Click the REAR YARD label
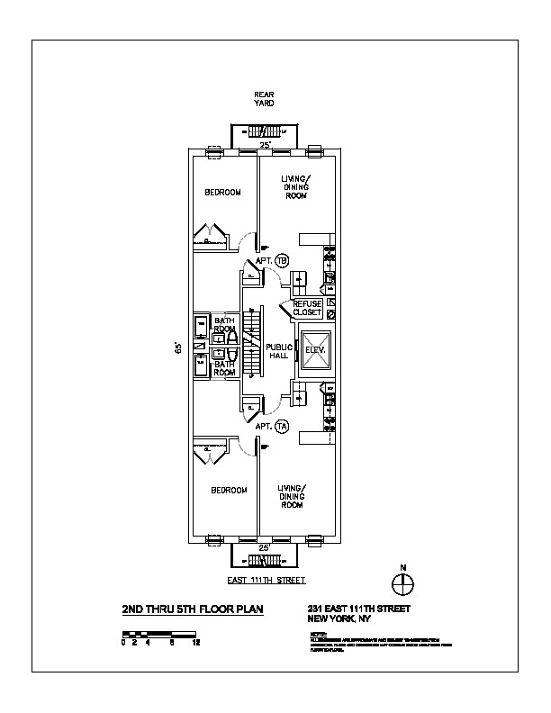click(x=264, y=99)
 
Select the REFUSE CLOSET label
click(x=308, y=309)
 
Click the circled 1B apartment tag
click(x=281, y=260)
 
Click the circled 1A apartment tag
click(x=281, y=426)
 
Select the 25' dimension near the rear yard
click(x=265, y=145)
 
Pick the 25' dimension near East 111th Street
click(x=265, y=547)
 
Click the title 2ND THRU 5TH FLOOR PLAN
click(x=193, y=609)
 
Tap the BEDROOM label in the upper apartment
click(x=222, y=192)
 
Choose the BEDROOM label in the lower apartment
click(x=229, y=490)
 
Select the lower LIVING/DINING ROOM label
click(x=291, y=496)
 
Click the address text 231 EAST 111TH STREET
click(x=358, y=609)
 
